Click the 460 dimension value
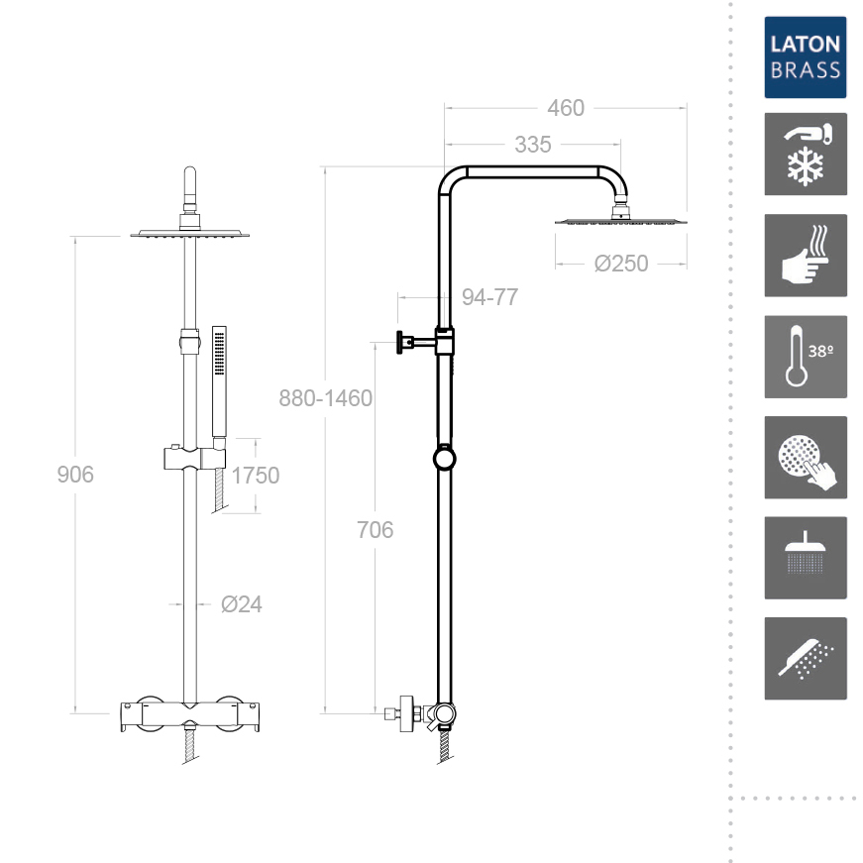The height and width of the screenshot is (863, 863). click(565, 108)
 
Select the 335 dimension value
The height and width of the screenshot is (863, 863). click(532, 145)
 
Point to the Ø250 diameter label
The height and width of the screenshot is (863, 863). click(621, 264)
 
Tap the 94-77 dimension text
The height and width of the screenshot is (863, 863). click(489, 297)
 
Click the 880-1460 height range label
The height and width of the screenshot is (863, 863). click(325, 398)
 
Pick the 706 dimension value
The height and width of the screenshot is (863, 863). click(375, 530)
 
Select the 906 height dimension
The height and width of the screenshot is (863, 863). click(75, 475)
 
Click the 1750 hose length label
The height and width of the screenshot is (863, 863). click(256, 476)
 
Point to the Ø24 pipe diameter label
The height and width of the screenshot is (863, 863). click(241, 604)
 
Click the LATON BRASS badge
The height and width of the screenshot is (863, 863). click(806, 57)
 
